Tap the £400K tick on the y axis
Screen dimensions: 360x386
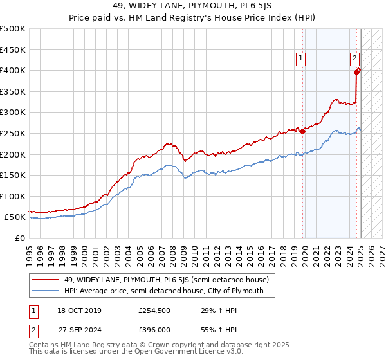13,70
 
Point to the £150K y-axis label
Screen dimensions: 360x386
13,175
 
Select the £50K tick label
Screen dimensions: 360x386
15,217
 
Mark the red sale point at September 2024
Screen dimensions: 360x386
358,71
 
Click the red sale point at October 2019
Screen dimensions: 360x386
303,131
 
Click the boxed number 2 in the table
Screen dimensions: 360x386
33,330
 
